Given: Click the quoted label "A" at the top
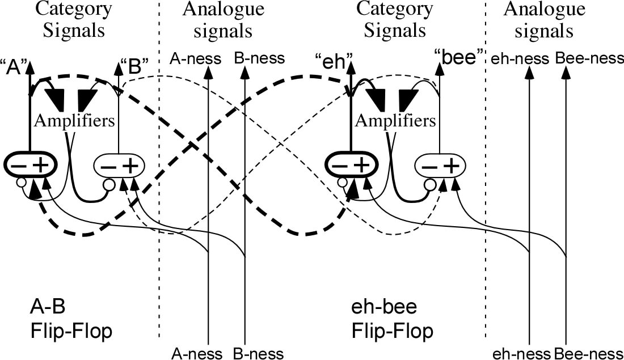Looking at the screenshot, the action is pos(14,67).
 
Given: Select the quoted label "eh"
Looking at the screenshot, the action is pos(334,63).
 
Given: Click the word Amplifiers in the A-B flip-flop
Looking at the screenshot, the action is pos(74,121).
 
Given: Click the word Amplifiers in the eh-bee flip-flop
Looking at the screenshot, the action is pos(395,121).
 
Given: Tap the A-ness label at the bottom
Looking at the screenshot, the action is pos(197,353).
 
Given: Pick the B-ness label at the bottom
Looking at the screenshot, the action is pos(258,353).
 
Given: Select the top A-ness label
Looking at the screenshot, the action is pos(195,59).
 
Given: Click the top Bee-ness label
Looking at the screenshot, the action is pos(589,58).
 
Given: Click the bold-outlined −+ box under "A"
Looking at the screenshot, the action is pos(30,165).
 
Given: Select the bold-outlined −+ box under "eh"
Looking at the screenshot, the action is pos(351,165).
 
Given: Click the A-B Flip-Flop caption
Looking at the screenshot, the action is pos(71,319).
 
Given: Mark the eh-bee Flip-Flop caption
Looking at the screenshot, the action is pos(393,319).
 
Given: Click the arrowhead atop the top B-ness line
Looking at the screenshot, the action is pos(244,71).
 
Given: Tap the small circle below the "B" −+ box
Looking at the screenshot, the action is pos(109,185).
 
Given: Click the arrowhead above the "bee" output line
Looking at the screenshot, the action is pos(439,70).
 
